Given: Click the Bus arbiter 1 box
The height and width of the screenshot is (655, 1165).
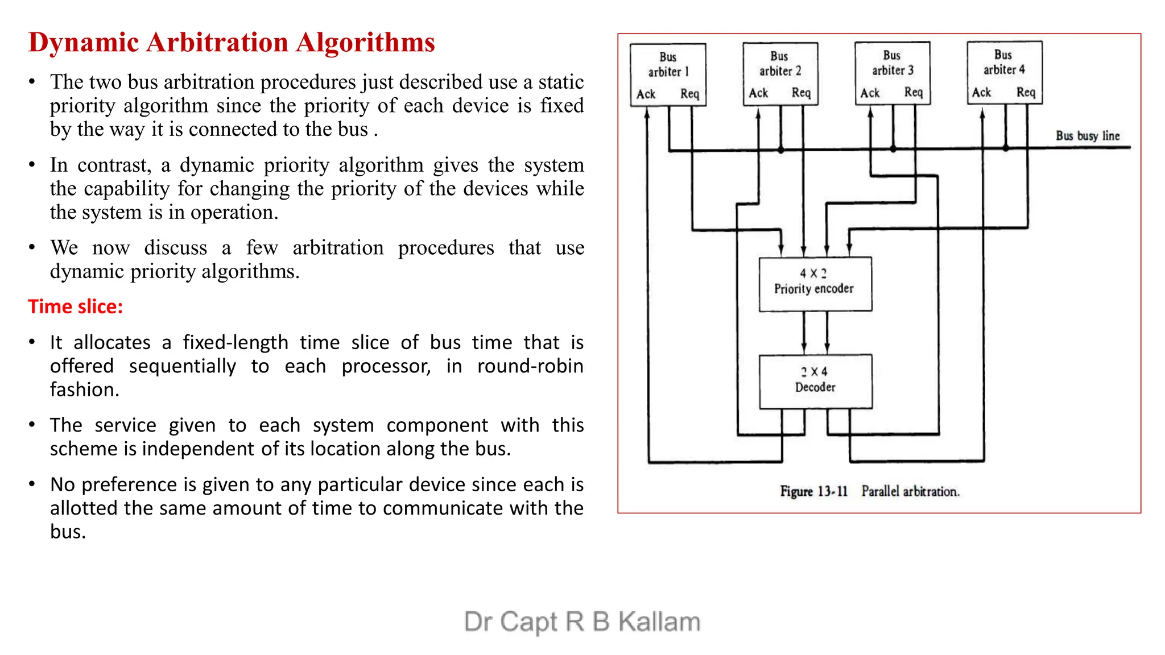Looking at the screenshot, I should click(x=668, y=74).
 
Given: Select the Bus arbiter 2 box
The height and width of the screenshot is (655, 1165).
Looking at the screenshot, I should click(x=780, y=73).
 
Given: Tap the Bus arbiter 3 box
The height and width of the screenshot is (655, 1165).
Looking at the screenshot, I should click(x=892, y=72).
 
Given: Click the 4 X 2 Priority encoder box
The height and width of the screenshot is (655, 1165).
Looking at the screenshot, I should click(x=815, y=284).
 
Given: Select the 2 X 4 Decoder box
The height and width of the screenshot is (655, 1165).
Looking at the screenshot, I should click(x=815, y=381).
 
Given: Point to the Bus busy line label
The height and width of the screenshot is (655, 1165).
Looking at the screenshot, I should click(x=1087, y=136).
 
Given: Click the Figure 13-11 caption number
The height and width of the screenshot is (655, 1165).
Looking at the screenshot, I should click(x=814, y=491).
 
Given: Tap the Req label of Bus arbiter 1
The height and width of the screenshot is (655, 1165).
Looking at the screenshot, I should click(x=689, y=94).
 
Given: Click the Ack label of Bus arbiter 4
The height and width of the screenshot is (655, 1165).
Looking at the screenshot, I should click(x=981, y=92).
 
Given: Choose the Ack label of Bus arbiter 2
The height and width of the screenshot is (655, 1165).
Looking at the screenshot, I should click(x=758, y=93).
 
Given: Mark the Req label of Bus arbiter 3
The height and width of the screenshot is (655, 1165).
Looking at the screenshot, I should click(x=914, y=92).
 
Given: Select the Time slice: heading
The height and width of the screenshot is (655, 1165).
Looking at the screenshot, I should click(x=76, y=307).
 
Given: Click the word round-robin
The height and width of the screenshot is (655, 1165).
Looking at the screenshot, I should click(x=530, y=366).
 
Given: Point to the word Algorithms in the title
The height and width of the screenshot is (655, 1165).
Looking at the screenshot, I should click(x=365, y=43).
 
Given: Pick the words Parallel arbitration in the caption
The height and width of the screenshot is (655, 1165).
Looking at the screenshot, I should click(x=910, y=491).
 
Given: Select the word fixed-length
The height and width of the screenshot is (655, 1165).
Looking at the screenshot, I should click(x=236, y=342).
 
